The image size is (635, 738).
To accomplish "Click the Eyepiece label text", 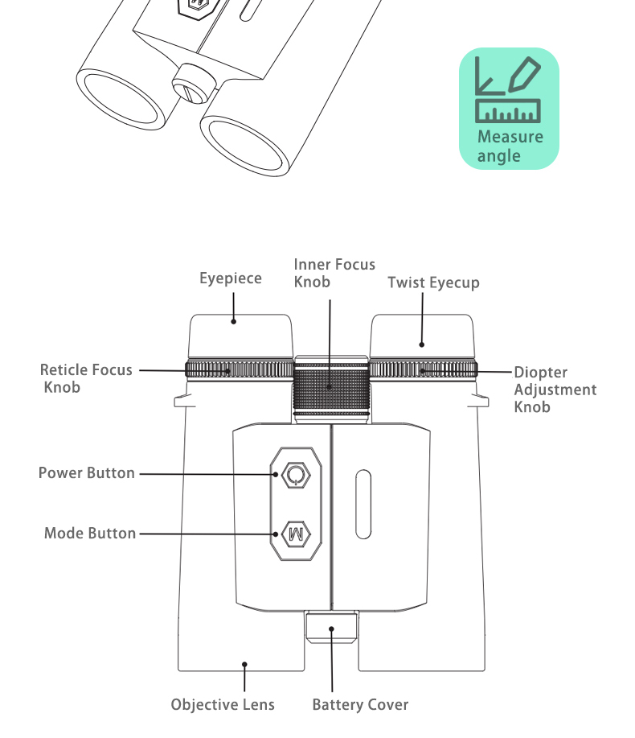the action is coord(231,278).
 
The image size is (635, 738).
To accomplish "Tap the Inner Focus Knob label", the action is coord(334,273).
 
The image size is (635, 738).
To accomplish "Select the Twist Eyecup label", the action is coord(433,282).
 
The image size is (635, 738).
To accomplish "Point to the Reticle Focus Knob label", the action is coord(86,378).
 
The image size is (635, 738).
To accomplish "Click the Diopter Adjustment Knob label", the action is coord(555,390).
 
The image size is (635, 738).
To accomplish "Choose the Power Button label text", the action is coord(87,473).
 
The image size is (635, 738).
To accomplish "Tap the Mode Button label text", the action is coord(90,534).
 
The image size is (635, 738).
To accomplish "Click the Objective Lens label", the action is coord(223,704).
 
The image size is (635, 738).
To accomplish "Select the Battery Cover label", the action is coord(361,704).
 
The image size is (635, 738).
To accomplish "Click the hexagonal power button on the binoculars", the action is coord(296,475).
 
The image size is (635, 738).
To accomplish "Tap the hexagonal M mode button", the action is coord(296,534).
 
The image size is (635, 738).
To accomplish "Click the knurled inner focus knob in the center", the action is coord(331,389).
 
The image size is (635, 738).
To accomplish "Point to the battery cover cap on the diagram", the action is coord(331,627).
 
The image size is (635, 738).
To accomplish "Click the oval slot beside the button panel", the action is coord(363,504).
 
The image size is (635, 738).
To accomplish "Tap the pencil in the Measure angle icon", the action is coord(525,74).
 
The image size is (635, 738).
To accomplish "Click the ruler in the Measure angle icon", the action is coord(508,111).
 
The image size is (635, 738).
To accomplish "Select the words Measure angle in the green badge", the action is coord(510,146).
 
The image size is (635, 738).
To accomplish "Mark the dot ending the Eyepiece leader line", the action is coord(234,322).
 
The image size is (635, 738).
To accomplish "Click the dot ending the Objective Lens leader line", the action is coord(244,665).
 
